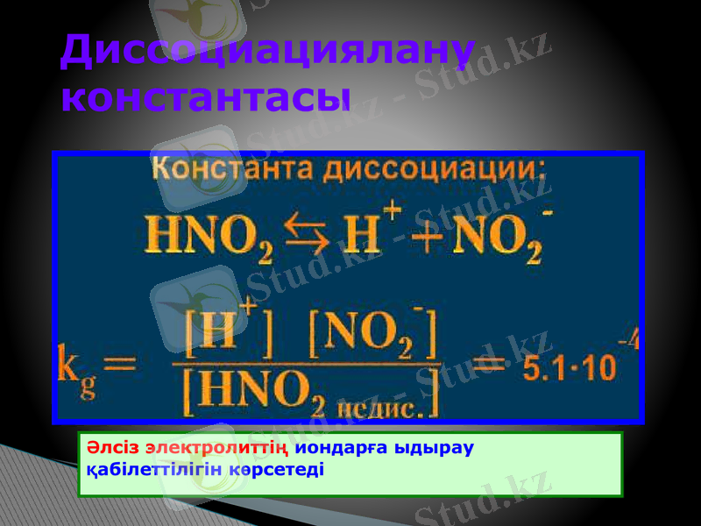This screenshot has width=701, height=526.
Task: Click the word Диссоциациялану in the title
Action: coord(267,53)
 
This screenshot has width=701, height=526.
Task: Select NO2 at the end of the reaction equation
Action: coord(495,238)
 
